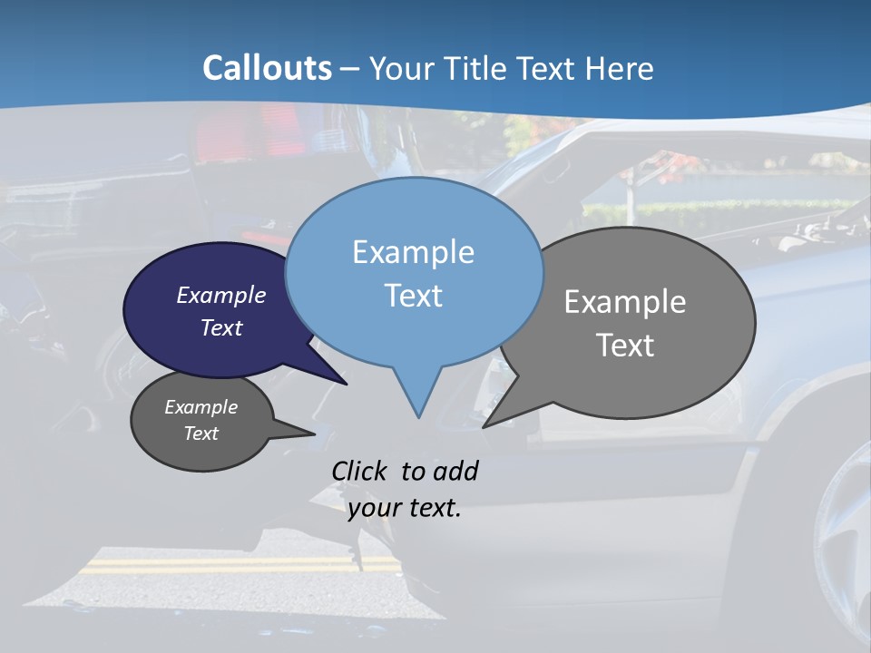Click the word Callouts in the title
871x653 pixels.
pyautogui.click(x=267, y=68)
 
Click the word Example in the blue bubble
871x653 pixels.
pyautogui.click(x=413, y=252)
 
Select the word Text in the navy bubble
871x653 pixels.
pyautogui.click(x=221, y=328)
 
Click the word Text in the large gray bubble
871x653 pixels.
pyautogui.click(x=625, y=346)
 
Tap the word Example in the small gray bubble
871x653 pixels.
pyautogui.click(x=201, y=407)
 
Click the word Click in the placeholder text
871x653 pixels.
pyautogui.click(x=361, y=471)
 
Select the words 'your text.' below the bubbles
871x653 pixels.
pyautogui.click(x=405, y=508)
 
